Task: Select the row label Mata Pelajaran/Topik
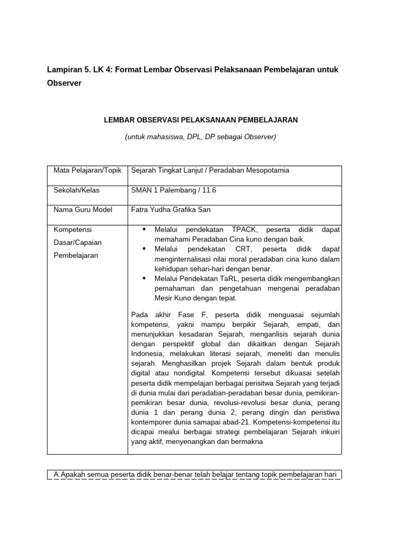(x=87, y=171)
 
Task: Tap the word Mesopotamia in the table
(x=265, y=171)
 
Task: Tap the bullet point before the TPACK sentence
(x=144, y=229)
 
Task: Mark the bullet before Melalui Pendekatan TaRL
(x=144, y=278)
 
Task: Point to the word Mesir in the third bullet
(x=164, y=298)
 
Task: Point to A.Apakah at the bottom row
(x=70, y=474)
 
